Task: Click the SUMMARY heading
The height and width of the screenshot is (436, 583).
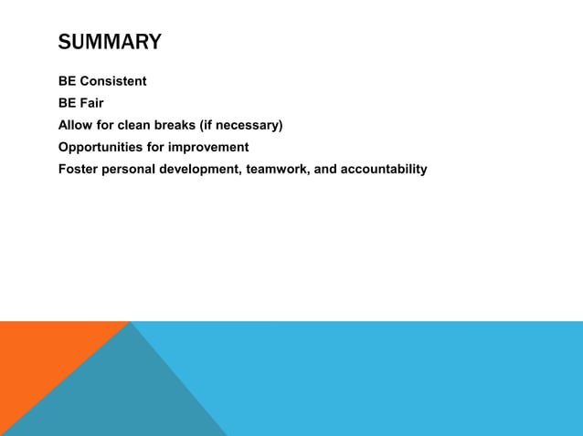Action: click(x=110, y=42)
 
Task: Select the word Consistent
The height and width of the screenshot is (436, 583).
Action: click(x=113, y=81)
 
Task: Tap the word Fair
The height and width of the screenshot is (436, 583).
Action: click(x=92, y=103)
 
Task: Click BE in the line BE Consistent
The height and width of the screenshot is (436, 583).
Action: click(x=68, y=81)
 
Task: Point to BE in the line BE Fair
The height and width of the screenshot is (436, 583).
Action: click(x=68, y=103)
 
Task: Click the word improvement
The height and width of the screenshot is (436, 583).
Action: click(x=211, y=147)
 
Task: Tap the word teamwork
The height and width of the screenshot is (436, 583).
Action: click(x=278, y=169)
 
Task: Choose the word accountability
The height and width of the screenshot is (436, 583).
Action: click(x=384, y=169)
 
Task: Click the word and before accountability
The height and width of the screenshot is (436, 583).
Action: click(x=325, y=169)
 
